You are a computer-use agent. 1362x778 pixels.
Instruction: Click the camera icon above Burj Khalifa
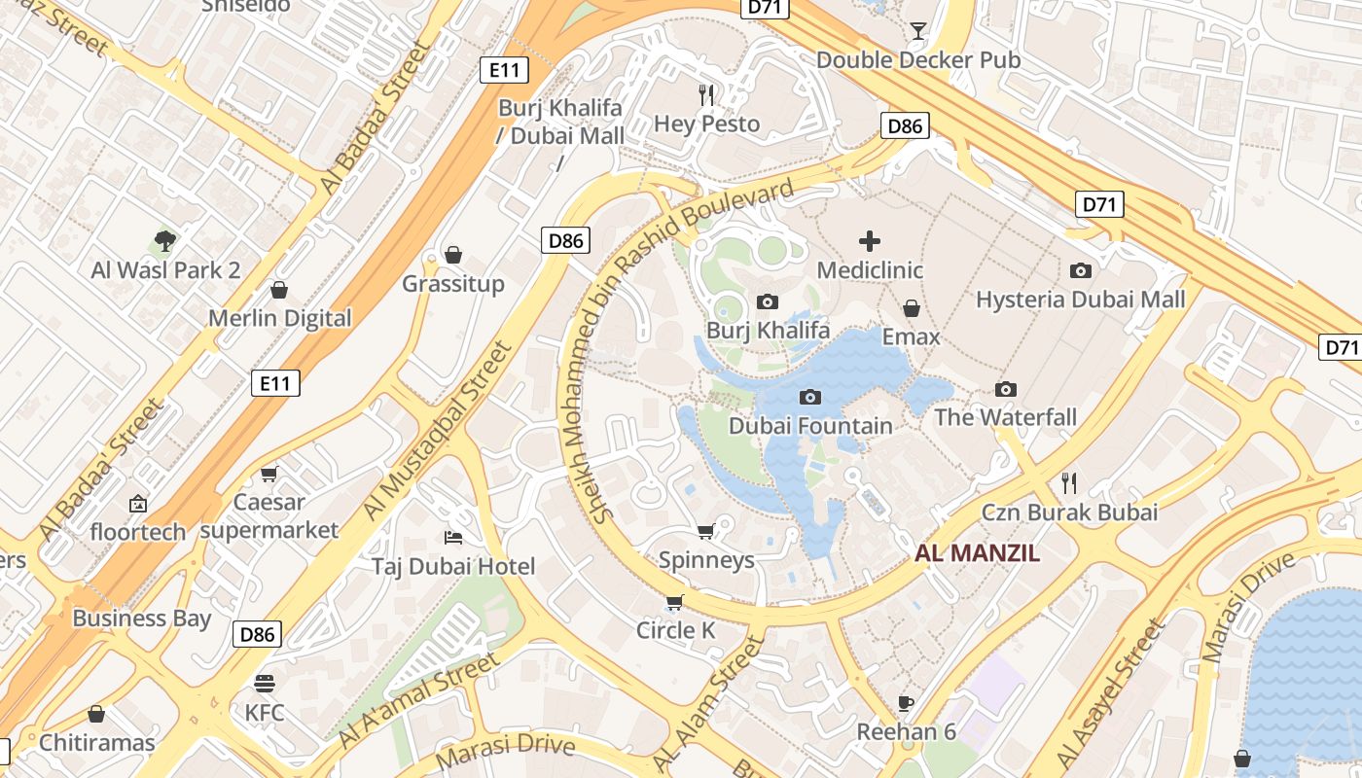point(768,301)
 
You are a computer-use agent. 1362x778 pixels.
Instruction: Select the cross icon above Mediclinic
point(870,241)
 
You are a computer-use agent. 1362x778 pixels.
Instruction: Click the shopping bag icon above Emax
point(912,308)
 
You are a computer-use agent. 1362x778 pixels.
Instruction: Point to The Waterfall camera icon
point(1006,389)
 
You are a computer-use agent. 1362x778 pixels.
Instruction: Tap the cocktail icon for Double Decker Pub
point(917,31)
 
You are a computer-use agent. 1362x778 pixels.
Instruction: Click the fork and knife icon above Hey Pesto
point(707,94)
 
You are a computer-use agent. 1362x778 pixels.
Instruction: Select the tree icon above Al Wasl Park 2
point(165,240)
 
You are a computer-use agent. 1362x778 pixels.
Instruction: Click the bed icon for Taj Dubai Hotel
point(453,537)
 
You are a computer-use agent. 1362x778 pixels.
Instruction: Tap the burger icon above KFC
point(265,683)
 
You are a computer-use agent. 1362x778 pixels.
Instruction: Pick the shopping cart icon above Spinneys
point(706,531)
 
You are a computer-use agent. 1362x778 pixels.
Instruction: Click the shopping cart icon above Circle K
point(675,601)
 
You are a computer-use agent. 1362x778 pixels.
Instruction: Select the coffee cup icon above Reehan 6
point(906,702)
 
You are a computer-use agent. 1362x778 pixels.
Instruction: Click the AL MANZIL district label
point(977,553)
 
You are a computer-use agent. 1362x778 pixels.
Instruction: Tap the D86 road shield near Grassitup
point(565,240)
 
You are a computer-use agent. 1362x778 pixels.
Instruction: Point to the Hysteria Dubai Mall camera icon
point(1080,270)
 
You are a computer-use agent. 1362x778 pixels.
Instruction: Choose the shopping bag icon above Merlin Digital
point(279,290)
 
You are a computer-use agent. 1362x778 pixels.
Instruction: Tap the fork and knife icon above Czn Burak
point(1069,482)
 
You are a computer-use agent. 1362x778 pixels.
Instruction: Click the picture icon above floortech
point(138,504)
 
